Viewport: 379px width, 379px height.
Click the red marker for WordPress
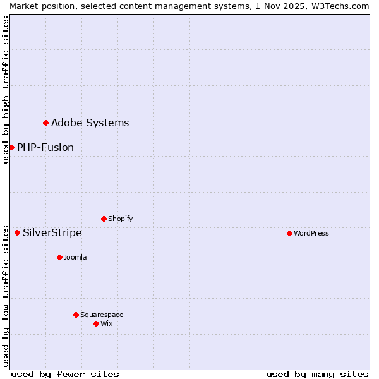point(289,233)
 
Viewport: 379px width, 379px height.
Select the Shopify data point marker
point(104,219)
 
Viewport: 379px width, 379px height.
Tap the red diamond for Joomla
point(59,257)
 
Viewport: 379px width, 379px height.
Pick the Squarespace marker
point(76,315)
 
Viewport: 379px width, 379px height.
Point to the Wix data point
point(96,323)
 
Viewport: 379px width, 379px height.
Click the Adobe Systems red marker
point(45,123)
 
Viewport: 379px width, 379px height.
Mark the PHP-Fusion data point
point(11,147)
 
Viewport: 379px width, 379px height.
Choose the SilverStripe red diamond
point(17,232)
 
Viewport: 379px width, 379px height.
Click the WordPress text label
point(311,233)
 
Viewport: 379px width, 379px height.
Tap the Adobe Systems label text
point(90,123)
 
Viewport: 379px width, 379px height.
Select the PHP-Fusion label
point(45,148)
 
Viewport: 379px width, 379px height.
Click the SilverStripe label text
point(52,233)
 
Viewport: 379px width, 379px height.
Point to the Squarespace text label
point(102,315)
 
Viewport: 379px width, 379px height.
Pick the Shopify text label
point(120,219)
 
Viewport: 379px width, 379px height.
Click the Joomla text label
point(75,257)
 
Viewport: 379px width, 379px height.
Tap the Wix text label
point(107,323)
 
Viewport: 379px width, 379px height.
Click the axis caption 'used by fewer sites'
point(65,374)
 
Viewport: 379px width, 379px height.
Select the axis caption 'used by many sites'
point(317,374)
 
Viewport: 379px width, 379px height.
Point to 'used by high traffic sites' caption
point(6,90)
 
